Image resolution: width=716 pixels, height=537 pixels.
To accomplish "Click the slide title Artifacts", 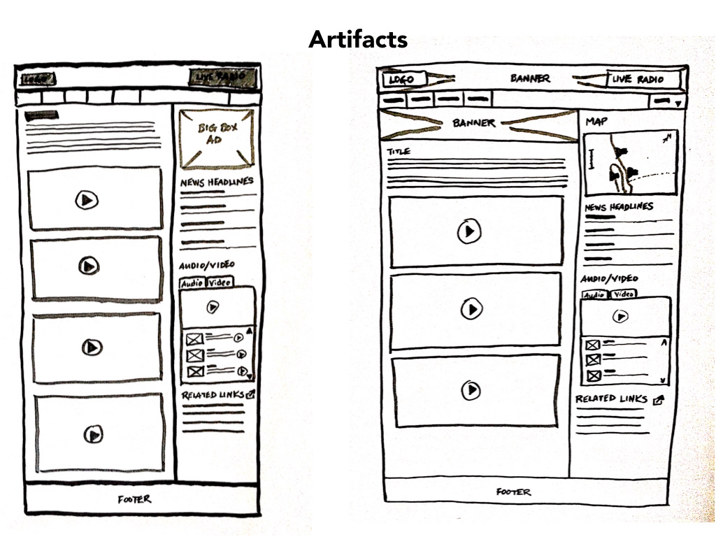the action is tap(358, 39).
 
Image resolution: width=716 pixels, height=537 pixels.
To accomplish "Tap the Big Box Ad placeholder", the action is tap(215, 138).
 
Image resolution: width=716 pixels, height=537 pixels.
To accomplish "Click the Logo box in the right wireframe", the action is tap(401, 80).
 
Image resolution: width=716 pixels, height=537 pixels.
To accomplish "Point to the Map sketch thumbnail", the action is tap(631, 163).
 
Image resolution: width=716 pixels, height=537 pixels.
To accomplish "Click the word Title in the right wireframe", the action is tap(399, 151).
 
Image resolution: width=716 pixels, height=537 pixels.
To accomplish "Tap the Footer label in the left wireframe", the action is tap(134, 499).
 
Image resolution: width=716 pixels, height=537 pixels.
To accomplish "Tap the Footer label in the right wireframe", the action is tap(513, 492).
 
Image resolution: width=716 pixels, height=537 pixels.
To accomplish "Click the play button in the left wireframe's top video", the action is tap(87, 200).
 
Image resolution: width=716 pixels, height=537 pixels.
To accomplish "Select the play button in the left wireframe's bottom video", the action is tap(92, 434).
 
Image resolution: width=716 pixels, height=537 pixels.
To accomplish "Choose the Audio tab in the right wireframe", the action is tap(594, 295).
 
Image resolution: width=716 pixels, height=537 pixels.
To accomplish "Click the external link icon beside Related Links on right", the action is tap(658, 401).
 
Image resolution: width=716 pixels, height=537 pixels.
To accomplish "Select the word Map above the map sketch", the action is tap(596, 122).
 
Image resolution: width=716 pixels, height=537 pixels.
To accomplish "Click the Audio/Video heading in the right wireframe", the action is tap(609, 279).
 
